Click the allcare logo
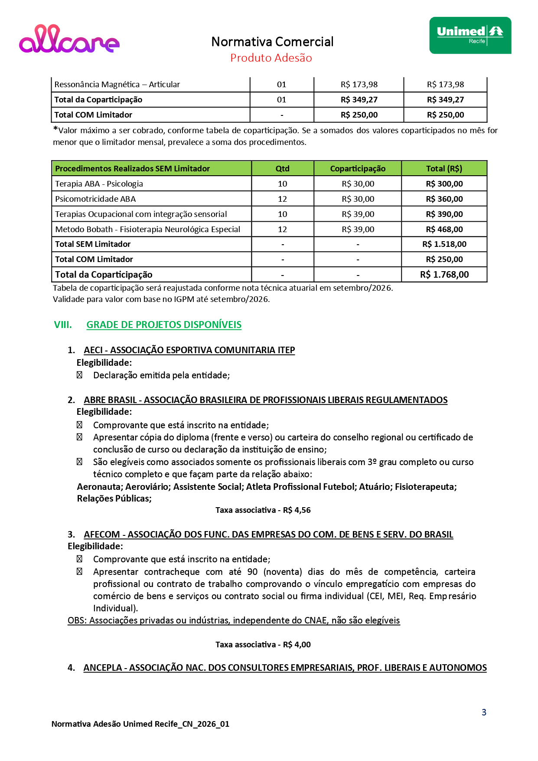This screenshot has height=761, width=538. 69,39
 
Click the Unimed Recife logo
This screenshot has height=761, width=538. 470,35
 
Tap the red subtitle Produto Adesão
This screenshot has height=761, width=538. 271,58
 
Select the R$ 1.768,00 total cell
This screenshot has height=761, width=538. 444,275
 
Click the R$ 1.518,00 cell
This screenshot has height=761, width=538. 444,244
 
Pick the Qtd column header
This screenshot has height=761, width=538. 282,169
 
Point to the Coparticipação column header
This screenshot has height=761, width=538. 358,169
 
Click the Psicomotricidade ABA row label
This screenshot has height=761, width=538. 95,199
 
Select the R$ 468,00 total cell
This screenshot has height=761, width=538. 444,230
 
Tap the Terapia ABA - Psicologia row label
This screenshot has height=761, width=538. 99,184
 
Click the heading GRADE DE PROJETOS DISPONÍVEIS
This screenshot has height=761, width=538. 164,325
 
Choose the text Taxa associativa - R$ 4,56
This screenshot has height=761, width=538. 263,510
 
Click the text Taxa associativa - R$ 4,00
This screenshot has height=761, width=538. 263,645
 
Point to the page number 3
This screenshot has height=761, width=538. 484,712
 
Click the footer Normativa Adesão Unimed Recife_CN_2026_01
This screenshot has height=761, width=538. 140,724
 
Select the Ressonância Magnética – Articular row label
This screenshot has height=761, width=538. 117,85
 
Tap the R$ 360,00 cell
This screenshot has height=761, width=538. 444,199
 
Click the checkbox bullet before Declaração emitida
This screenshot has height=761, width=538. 79,375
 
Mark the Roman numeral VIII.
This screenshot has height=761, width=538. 63,325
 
